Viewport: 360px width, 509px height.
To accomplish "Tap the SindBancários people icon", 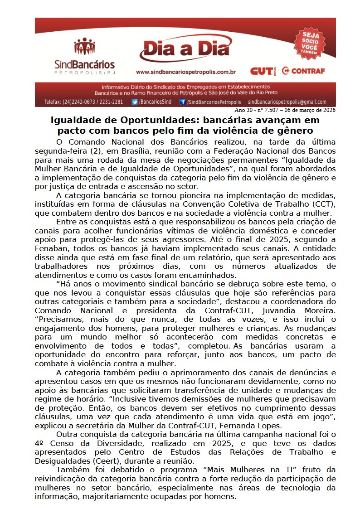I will point(84,46).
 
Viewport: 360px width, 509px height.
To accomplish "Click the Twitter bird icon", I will point(135,102).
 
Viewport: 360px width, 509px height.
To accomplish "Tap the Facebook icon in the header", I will point(182,102).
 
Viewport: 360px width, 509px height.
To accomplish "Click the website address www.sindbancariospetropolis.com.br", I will point(186,72).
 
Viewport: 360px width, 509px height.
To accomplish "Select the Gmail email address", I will point(287,102).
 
